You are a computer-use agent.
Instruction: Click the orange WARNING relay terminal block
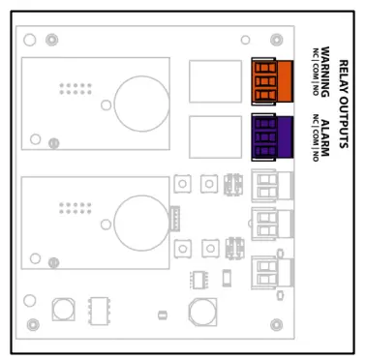coord(270,80)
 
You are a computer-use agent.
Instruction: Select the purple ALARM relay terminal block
coord(270,135)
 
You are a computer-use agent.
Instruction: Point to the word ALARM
coord(326,135)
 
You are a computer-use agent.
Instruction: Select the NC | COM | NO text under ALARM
coord(315,136)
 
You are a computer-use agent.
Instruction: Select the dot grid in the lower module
coord(74,208)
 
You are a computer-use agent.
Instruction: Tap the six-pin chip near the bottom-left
coord(98,310)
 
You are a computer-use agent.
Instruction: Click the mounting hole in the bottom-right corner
coord(277,324)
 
